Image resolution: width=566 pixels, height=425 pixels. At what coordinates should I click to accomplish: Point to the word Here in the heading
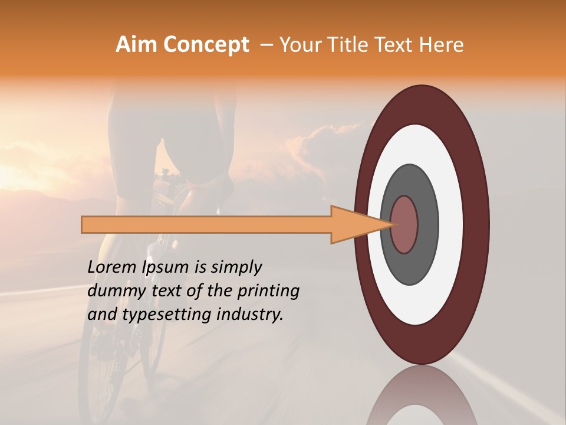coord(442,45)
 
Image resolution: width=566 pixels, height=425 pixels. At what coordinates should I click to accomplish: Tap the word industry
coord(251,315)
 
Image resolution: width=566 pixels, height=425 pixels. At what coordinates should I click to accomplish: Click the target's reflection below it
coord(422,398)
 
